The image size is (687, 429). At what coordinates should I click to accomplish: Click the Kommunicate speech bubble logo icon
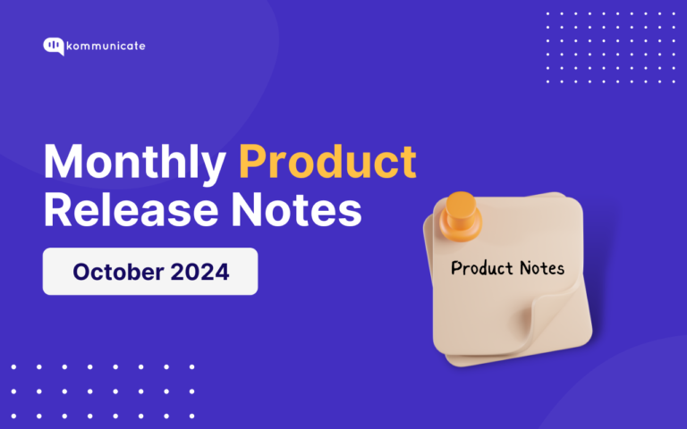coord(53,46)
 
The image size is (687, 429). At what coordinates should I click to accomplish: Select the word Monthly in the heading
coord(134,164)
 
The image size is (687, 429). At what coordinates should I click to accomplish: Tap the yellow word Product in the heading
coord(327,164)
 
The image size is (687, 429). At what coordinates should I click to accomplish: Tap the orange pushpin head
coord(462,207)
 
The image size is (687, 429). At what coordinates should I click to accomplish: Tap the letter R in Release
coord(57,211)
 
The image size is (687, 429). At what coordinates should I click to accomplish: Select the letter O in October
coord(81,272)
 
